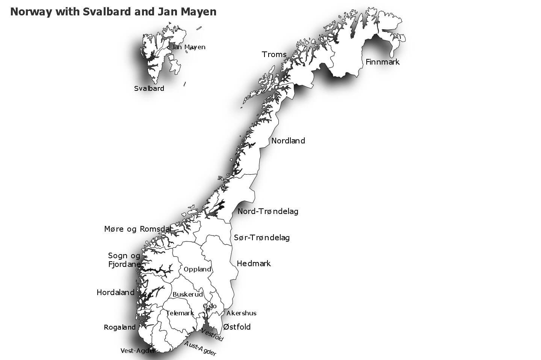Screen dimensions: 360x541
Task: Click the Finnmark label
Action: tap(382, 62)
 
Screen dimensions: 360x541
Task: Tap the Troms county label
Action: tap(274, 54)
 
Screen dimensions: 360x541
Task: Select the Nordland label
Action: tap(288, 141)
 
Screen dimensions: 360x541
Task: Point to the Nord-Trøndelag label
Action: tap(268, 211)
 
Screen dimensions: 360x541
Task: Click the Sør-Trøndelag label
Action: tap(262, 238)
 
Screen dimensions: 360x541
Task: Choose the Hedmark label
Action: tap(254, 264)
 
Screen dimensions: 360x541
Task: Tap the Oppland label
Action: tap(197, 269)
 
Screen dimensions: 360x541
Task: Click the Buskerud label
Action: tap(187, 294)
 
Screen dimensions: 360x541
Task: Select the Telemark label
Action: tap(180, 313)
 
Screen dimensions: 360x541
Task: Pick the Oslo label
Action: tap(210, 306)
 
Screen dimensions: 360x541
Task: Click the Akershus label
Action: tap(241, 313)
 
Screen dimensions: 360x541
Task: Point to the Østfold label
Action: tap(237, 327)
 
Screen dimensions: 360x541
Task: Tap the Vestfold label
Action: tap(212, 335)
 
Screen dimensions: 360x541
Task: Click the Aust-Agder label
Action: tap(200, 349)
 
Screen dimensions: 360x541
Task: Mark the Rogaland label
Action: tap(119, 327)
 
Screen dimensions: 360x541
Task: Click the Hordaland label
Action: tap(115, 292)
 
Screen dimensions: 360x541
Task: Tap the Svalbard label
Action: tap(149, 89)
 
